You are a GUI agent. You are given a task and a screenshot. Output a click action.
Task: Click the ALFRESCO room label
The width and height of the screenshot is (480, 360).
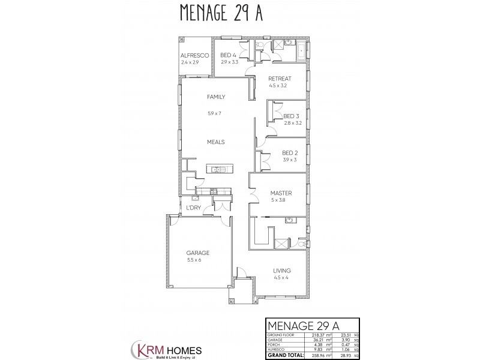(194, 55)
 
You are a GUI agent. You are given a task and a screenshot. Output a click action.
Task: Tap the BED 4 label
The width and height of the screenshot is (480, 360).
(228, 55)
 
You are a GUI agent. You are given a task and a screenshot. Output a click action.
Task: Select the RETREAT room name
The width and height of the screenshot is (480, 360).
(280, 79)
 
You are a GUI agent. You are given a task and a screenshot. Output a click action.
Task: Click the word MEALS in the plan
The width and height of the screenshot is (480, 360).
(215, 142)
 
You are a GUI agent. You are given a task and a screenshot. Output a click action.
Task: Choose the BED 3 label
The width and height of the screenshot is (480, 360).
(291, 116)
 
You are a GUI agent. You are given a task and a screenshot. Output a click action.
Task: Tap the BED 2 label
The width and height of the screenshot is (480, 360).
(290, 153)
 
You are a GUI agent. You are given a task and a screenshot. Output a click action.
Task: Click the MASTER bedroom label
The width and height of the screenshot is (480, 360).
(281, 193)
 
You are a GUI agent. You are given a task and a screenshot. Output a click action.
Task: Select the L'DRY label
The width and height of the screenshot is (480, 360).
(193, 208)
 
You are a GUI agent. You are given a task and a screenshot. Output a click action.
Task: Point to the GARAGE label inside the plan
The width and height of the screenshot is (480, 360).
(197, 253)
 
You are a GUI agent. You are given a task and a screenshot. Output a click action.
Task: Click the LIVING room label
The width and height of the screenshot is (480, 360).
(282, 271)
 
